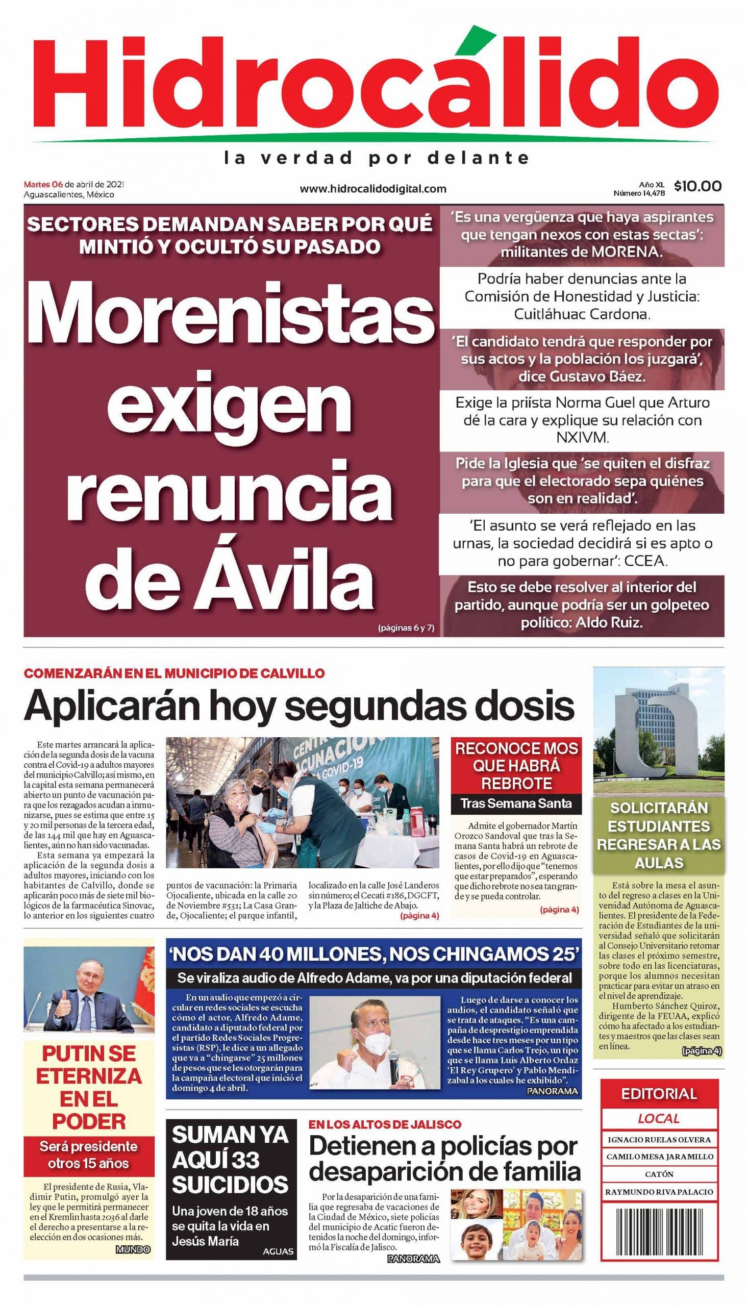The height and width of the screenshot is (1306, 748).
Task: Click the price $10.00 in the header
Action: pos(697,186)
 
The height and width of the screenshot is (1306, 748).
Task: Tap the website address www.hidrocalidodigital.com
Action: pos(373,189)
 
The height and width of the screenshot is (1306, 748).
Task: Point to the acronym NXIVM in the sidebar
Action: pos(582,438)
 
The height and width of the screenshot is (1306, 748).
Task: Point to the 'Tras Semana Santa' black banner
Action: pos(516,802)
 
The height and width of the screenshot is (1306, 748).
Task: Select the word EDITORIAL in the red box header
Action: pos(659,1093)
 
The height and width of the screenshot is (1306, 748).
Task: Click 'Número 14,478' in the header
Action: pos(639,194)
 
